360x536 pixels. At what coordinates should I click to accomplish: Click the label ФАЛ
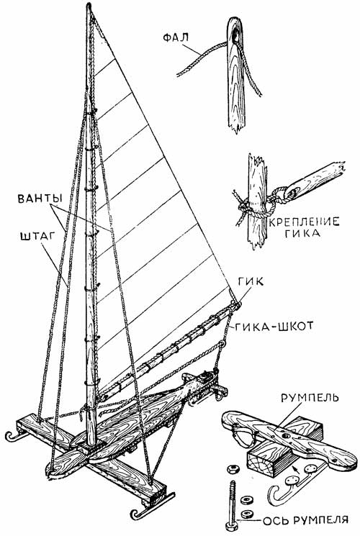tap(176, 37)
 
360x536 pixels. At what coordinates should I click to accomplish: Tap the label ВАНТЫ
tap(40, 199)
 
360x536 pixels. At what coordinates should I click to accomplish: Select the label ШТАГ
tap(38, 237)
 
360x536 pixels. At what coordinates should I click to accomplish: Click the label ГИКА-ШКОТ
tap(274, 327)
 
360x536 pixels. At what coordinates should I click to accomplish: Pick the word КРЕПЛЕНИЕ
tap(304, 222)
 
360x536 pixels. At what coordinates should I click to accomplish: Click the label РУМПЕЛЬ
tap(310, 398)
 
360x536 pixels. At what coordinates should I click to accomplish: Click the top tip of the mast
tap(89, 5)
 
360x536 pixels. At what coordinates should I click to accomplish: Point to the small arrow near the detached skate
tap(297, 468)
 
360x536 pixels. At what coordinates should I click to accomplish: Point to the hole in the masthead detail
tap(235, 35)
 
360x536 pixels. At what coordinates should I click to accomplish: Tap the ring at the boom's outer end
tap(238, 304)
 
